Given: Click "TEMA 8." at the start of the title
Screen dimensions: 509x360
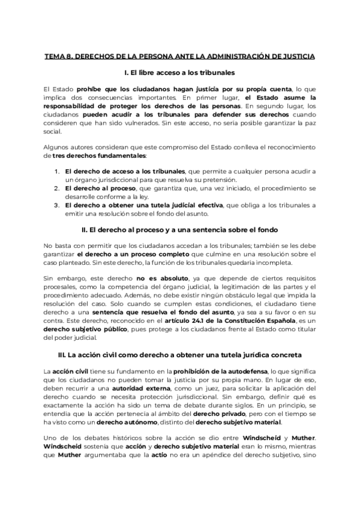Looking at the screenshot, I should click(58, 56).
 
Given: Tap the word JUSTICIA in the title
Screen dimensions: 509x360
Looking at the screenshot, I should click(296, 56).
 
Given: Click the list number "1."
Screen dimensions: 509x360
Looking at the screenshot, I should click(55, 171).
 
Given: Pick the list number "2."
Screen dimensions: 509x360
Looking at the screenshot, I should click(55, 188).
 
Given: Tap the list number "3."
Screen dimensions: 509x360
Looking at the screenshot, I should click(55, 205).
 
